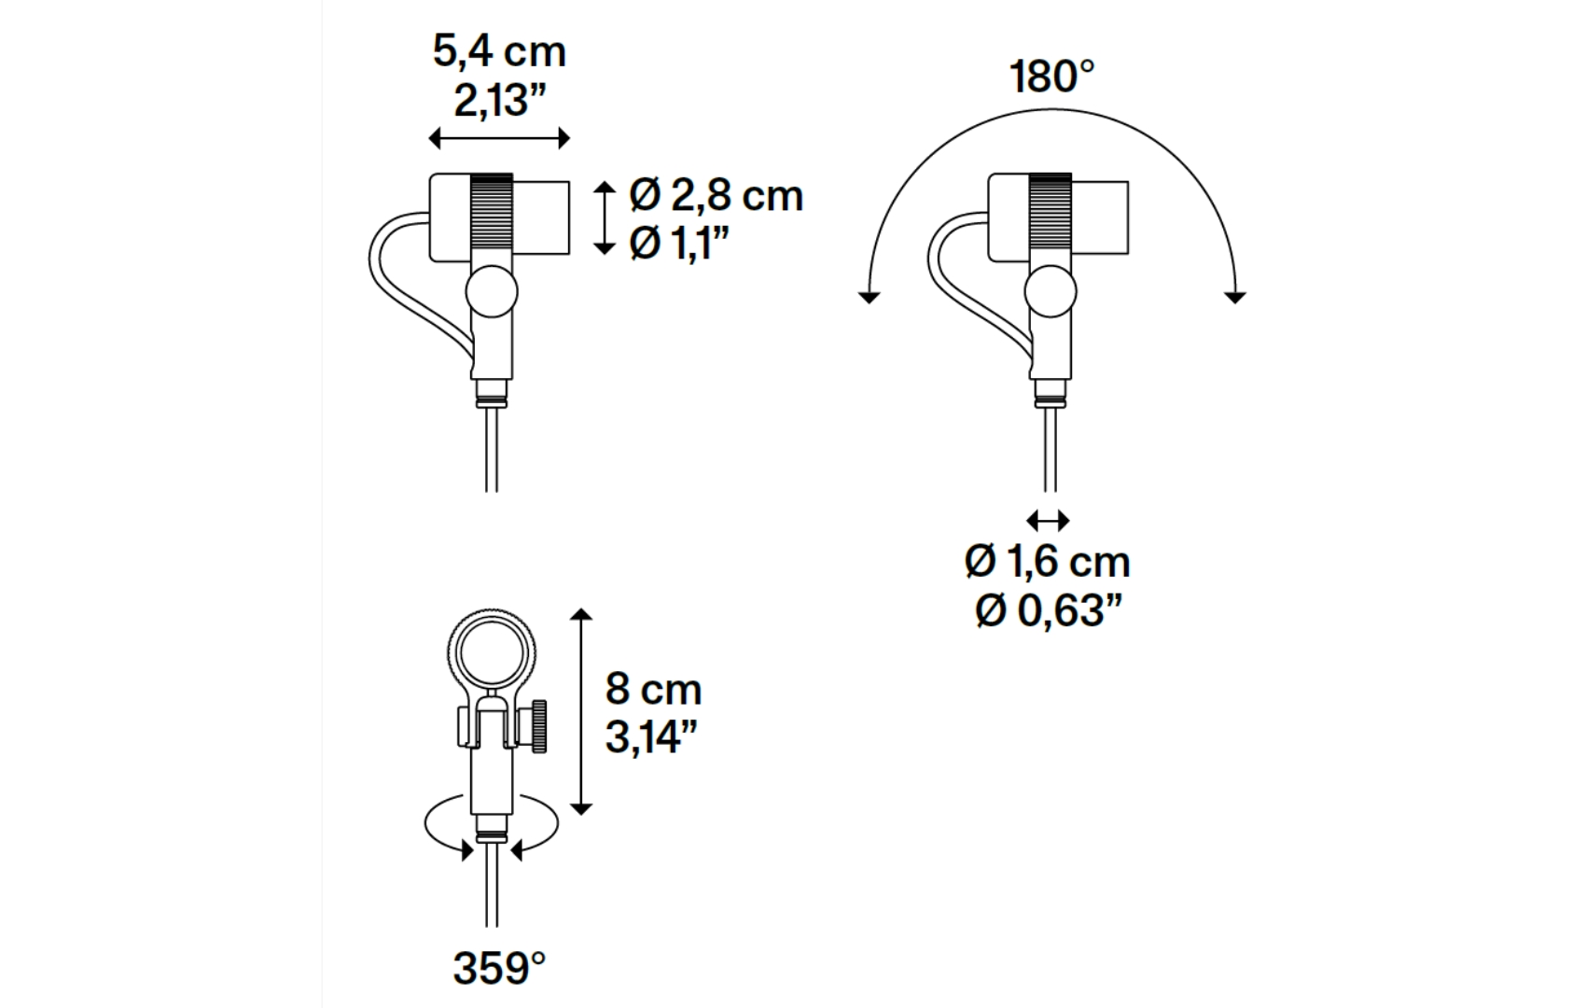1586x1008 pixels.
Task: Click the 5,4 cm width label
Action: tap(499, 51)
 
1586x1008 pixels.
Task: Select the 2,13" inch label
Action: tap(501, 102)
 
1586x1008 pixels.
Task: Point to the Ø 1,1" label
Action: tap(679, 244)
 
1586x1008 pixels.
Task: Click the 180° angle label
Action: tap(1051, 77)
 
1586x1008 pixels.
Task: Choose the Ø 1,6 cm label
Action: tap(1047, 563)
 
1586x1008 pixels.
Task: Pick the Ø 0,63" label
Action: tap(1049, 610)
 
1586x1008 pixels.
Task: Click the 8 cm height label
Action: tap(653, 689)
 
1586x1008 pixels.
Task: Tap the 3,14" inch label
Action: tap(651, 737)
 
